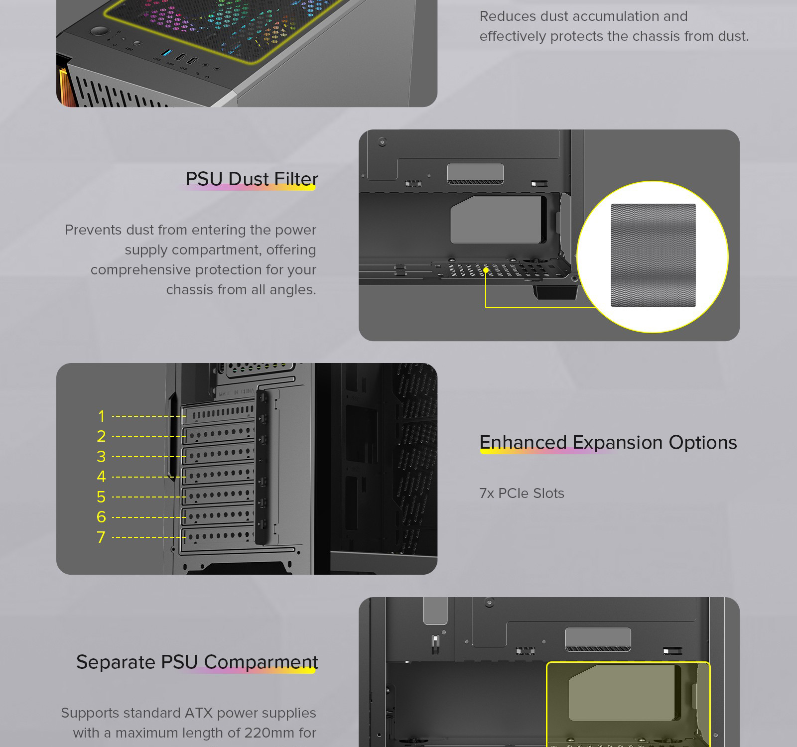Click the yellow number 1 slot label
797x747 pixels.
pyautogui.click(x=102, y=416)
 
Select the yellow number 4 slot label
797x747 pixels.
pyautogui.click(x=102, y=477)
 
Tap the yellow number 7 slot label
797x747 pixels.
pyautogui.click(x=101, y=537)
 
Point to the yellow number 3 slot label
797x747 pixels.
pyautogui.click(x=102, y=457)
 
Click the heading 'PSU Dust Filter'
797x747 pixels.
pyautogui.click(x=252, y=179)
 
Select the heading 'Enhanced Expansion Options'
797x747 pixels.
pyautogui.click(x=608, y=443)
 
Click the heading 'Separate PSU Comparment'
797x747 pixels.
pyautogui.click(x=197, y=662)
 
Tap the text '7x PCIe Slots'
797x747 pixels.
pyautogui.click(x=522, y=494)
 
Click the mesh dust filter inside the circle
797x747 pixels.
pyautogui.click(x=653, y=255)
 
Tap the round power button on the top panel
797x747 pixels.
pyautogui.click(x=99, y=31)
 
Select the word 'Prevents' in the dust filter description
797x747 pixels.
pyautogui.click(x=94, y=230)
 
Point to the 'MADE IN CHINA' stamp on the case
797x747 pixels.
pyautogui.click(x=237, y=393)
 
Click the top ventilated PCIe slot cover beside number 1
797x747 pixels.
pyautogui.click(x=220, y=413)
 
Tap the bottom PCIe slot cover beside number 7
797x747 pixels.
pyautogui.click(x=220, y=536)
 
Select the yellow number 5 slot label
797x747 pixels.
pyautogui.click(x=102, y=497)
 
